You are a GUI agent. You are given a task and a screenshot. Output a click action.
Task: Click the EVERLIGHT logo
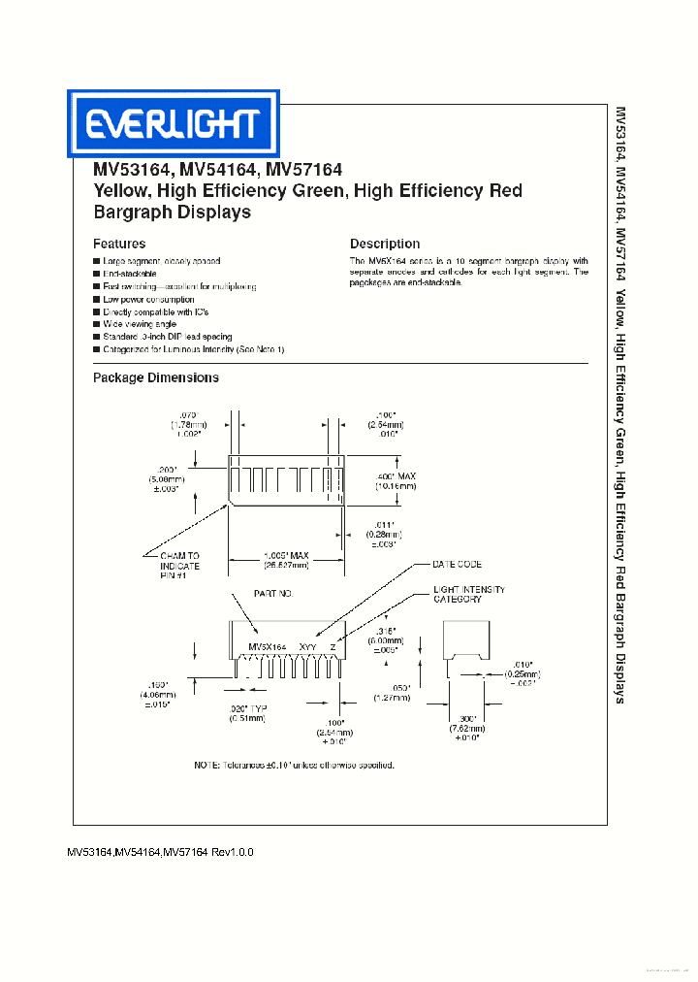173,123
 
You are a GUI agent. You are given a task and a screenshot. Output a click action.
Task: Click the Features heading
119,244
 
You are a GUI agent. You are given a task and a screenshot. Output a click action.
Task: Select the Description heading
385,244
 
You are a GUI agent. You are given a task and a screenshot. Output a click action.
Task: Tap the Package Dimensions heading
156,377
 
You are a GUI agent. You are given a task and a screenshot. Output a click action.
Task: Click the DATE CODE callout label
457,564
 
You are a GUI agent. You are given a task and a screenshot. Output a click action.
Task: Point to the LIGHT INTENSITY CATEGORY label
469,594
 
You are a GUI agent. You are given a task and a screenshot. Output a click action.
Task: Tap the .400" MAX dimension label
397,475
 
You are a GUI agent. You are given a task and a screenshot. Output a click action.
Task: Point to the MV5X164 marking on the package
267,646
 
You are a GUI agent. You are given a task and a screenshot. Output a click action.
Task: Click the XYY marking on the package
307,646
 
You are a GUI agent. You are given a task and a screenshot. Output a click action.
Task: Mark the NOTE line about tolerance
295,766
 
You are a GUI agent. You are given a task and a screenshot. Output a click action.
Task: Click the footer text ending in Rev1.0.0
160,852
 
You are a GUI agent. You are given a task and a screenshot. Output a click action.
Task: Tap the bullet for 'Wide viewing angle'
97,325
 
